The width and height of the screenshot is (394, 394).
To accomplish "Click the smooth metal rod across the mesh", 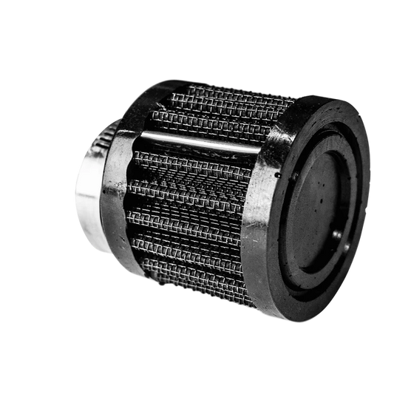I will click(200, 142).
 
